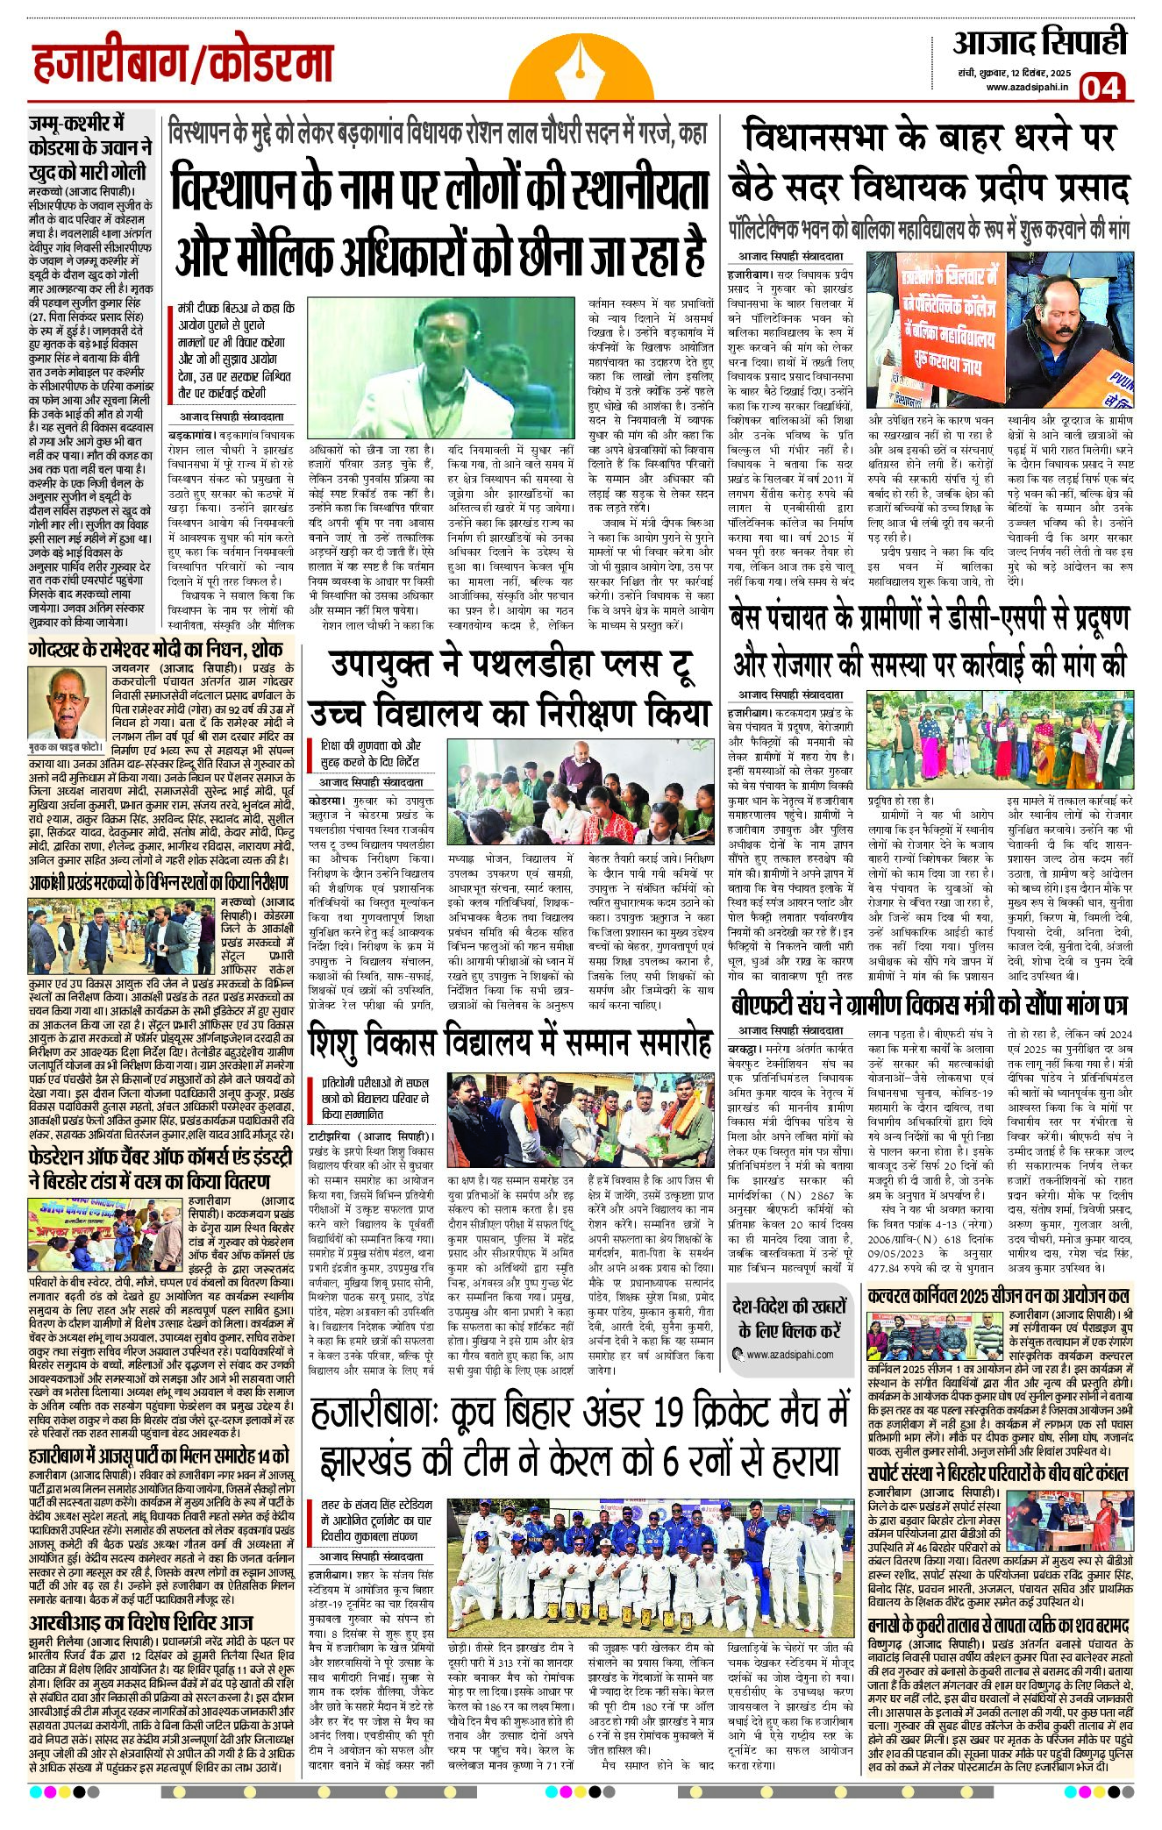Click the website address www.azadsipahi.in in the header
(1027, 87)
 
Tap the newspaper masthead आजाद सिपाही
(1039, 42)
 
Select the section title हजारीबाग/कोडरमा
(183, 64)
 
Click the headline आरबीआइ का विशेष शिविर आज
(139, 1623)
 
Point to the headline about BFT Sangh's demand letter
(928, 1006)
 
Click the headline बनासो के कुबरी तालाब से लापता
(999, 1601)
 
